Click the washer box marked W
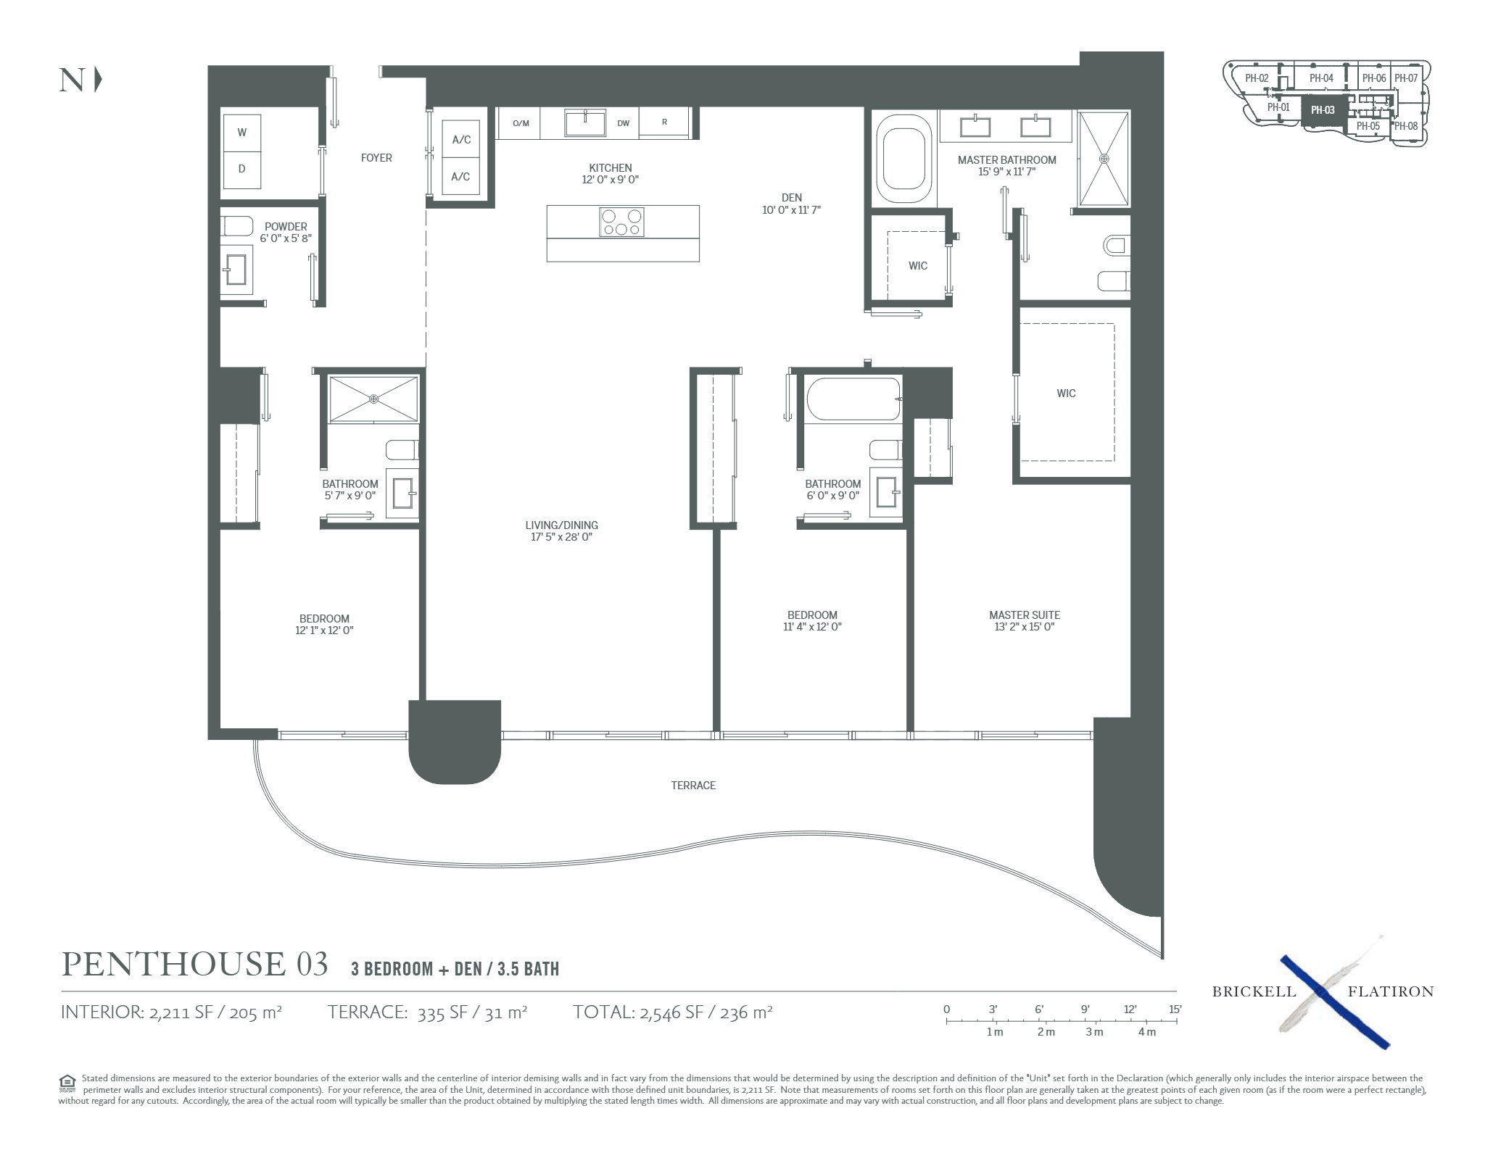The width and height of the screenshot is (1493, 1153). tap(241, 133)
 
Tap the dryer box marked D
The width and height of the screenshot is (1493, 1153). tap(241, 170)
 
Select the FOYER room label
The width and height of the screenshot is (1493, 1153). tap(376, 157)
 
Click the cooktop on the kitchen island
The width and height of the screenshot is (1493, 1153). tap(621, 222)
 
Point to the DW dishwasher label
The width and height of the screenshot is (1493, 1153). tap(624, 123)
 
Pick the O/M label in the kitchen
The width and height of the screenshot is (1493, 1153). tap(521, 123)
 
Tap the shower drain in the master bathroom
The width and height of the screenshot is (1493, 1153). tap(1104, 158)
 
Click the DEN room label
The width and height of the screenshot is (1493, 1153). tap(792, 197)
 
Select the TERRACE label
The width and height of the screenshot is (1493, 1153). tap(693, 785)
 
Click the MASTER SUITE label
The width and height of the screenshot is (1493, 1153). tap(1025, 615)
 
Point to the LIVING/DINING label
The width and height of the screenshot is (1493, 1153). tap(562, 525)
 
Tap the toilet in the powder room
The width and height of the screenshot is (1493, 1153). tap(237, 226)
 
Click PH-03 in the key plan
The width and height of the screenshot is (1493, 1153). tap(1323, 110)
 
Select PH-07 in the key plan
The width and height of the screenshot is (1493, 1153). tap(1406, 78)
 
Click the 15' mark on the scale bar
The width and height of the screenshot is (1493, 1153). tap(1175, 1009)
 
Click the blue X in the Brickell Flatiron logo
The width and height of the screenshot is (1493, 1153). tap(1334, 1002)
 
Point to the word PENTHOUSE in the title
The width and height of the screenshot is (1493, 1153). tap(174, 965)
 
